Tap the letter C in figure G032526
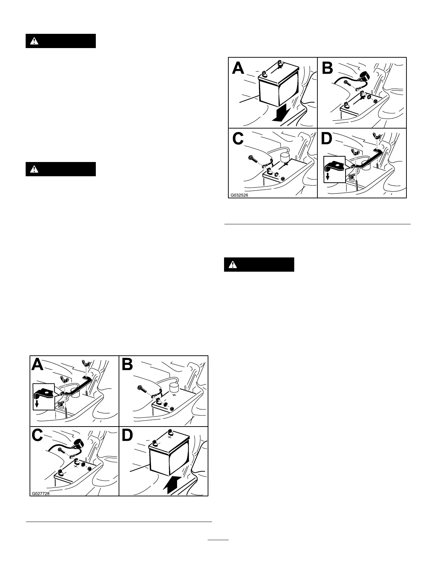point(238,139)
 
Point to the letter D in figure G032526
point(327,139)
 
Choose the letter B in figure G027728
point(128,366)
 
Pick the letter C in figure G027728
point(38,437)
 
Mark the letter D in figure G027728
point(128,437)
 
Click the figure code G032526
point(239,195)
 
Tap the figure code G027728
point(40,493)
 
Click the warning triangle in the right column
point(232,265)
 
